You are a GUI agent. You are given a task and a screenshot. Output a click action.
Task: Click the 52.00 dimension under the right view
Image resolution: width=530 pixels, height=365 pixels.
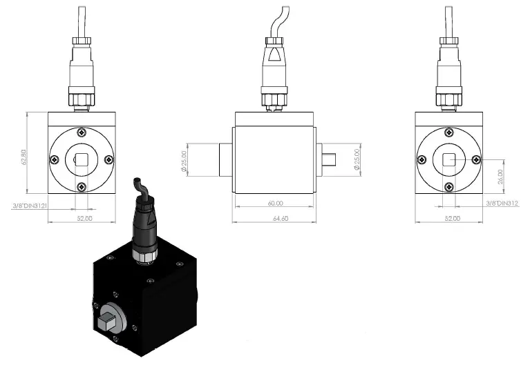(453, 217)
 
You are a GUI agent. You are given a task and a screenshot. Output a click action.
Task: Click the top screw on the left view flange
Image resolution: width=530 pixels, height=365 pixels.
(82, 132)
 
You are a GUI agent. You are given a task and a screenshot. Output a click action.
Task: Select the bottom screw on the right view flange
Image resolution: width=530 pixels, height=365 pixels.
(448, 186)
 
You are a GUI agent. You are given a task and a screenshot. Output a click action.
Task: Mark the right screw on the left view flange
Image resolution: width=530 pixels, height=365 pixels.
(109, 159)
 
